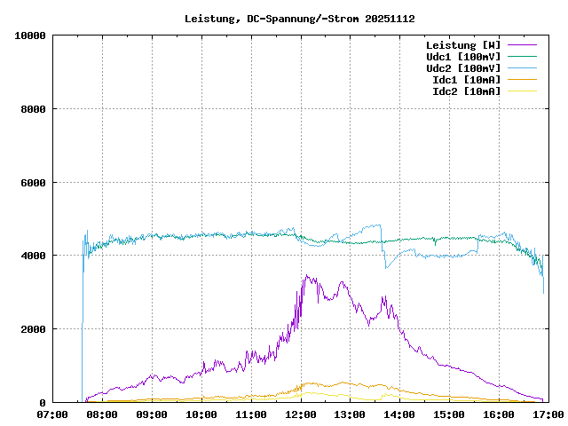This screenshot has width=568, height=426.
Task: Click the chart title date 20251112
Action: click(390, 19)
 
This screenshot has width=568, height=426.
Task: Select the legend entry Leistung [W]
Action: click(462, 45)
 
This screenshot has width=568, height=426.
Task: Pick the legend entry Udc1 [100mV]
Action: click(462, 57)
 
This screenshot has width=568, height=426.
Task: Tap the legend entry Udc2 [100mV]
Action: click(462, 68)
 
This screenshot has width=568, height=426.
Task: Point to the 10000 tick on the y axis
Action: click(30, 35)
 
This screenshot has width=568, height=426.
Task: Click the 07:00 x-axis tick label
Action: click(53, 414)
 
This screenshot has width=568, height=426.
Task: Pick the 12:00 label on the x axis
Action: click(301, 414)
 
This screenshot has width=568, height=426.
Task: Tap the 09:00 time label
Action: click(153, 414)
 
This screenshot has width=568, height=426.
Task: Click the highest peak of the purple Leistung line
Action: click(306, 275)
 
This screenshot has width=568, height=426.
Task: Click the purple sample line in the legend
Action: click(522, 45)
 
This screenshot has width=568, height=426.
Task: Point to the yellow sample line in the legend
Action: click(522, 91)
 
